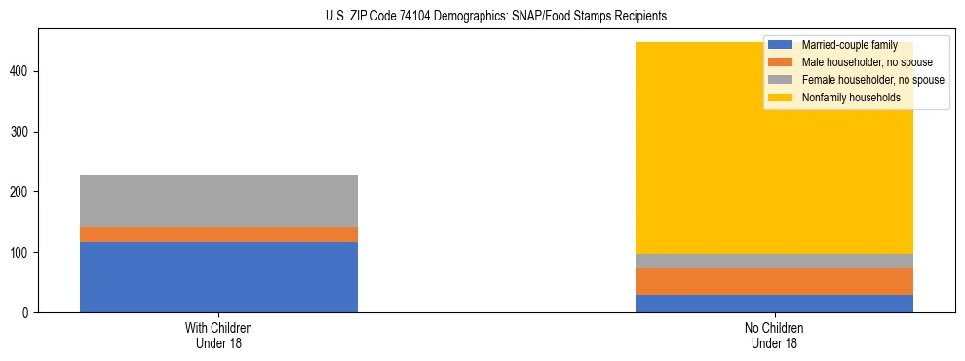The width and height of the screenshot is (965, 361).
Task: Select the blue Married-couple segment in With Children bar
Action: [x=218, y=277]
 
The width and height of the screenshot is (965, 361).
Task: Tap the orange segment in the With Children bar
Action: [x=218, y=234]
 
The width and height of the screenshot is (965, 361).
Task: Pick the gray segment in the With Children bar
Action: [x=218, y=201]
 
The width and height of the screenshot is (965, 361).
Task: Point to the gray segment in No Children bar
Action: [x=774, y=261]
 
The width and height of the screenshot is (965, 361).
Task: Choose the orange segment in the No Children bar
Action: [x=774, y=281]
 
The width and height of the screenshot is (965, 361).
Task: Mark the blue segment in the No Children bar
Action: [x=774, y=303]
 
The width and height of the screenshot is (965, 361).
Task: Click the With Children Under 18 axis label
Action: [x=218, y=335]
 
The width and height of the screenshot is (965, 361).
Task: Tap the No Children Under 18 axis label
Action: [x=774, y=335]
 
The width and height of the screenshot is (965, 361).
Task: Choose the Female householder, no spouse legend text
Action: [x=872, y=80]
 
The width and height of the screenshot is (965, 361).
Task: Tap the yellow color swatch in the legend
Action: [x=780, y=98]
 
